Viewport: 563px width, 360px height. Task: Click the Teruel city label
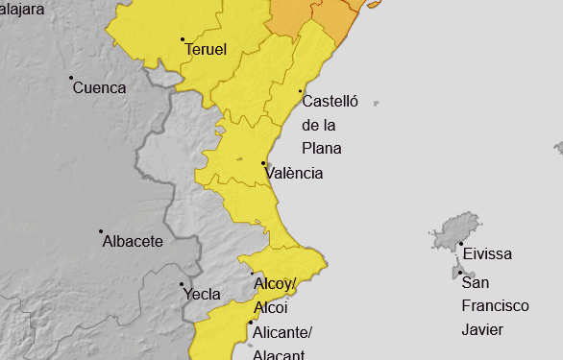pyautogui.click(x=206, y=49)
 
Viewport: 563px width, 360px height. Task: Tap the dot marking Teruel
pyautogui.click(x=183, y=39)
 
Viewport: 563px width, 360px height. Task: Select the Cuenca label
pyautogui.click(x=99, y=87)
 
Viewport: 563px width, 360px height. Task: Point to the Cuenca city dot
pyautogui.click(x=71, y=78)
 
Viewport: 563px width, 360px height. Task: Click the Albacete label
pyautogui.click(x=133, y=241)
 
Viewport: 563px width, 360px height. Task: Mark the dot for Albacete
pyautogui.click(x=101, y=231)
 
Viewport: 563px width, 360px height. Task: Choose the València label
pyautogui.click(x=294, y=174)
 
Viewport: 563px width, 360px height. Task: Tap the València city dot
pyautogui.click(x=263, y=163)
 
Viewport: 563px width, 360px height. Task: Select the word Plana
pyautogui.click(x=321, y=149)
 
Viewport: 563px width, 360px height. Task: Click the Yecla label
pyautogui.click(x=202, y=295)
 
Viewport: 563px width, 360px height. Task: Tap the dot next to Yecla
pyautogui.click(x=183, y=284)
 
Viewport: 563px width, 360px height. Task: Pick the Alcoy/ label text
pyautogui.click(x=276, y=285)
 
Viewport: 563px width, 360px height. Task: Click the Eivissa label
pyautogui.click(x=487, y=254)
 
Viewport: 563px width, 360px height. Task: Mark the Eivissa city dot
pyautogui.click(x=460, y=244)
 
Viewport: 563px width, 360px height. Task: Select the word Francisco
pyautogui.click(x=495, y=305)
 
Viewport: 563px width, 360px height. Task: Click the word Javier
pyautogui.click(x=482, y=329)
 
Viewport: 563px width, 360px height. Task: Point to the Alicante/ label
pyautogui.click(x=281, y=333)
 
